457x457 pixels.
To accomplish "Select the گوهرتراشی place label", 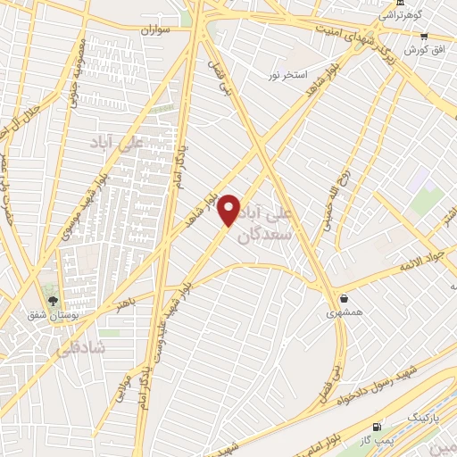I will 403,15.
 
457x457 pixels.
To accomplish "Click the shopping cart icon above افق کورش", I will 424,36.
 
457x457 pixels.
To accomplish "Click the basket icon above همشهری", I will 344,299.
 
